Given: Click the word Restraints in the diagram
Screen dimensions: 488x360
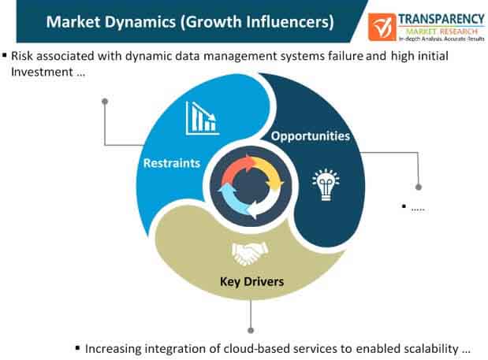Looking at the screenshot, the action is [172, 163].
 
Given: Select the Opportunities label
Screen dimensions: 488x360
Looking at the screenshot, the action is [311, 136].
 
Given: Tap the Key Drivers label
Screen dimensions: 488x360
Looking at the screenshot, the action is [251, 282].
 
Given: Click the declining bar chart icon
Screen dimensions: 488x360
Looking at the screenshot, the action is [203, 118].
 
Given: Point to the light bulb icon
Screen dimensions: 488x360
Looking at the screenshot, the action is [326, 184].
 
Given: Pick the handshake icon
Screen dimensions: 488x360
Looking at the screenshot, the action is [250, 254].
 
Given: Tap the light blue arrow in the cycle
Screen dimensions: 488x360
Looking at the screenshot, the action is [231, 199].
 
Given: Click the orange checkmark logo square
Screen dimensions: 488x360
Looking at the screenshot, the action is [382, 27].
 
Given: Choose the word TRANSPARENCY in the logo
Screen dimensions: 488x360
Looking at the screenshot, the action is [441, 19].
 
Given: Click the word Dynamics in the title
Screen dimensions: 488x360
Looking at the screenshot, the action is [140, 22].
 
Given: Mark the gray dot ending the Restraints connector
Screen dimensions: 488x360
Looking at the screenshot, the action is [105, 102].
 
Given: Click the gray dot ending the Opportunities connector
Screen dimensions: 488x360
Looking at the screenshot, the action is [419, 187].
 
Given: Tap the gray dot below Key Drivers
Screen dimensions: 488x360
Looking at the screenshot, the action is [251, 331].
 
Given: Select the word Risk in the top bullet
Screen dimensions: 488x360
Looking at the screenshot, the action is [22, 56].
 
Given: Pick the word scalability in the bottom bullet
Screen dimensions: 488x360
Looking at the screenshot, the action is [431, 349].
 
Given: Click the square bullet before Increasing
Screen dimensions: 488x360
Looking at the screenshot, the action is [77, 347].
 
